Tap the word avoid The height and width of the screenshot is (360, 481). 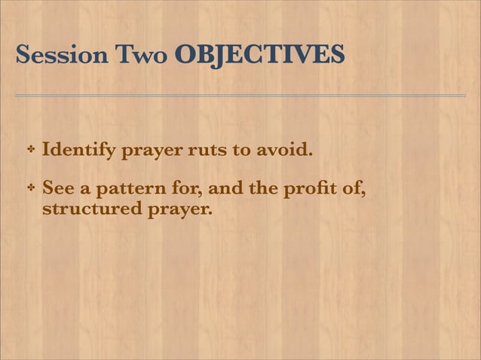283,150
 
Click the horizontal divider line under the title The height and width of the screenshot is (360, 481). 240,96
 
